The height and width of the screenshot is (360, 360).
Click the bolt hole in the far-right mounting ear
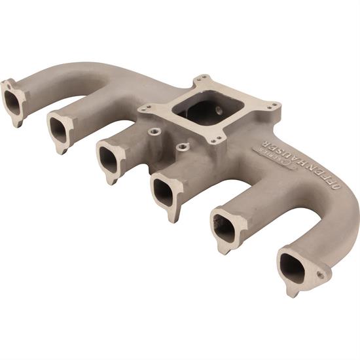[321, 276]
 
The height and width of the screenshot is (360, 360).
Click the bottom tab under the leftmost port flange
[20, 122]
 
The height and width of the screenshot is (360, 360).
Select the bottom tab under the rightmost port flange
[292, 291]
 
